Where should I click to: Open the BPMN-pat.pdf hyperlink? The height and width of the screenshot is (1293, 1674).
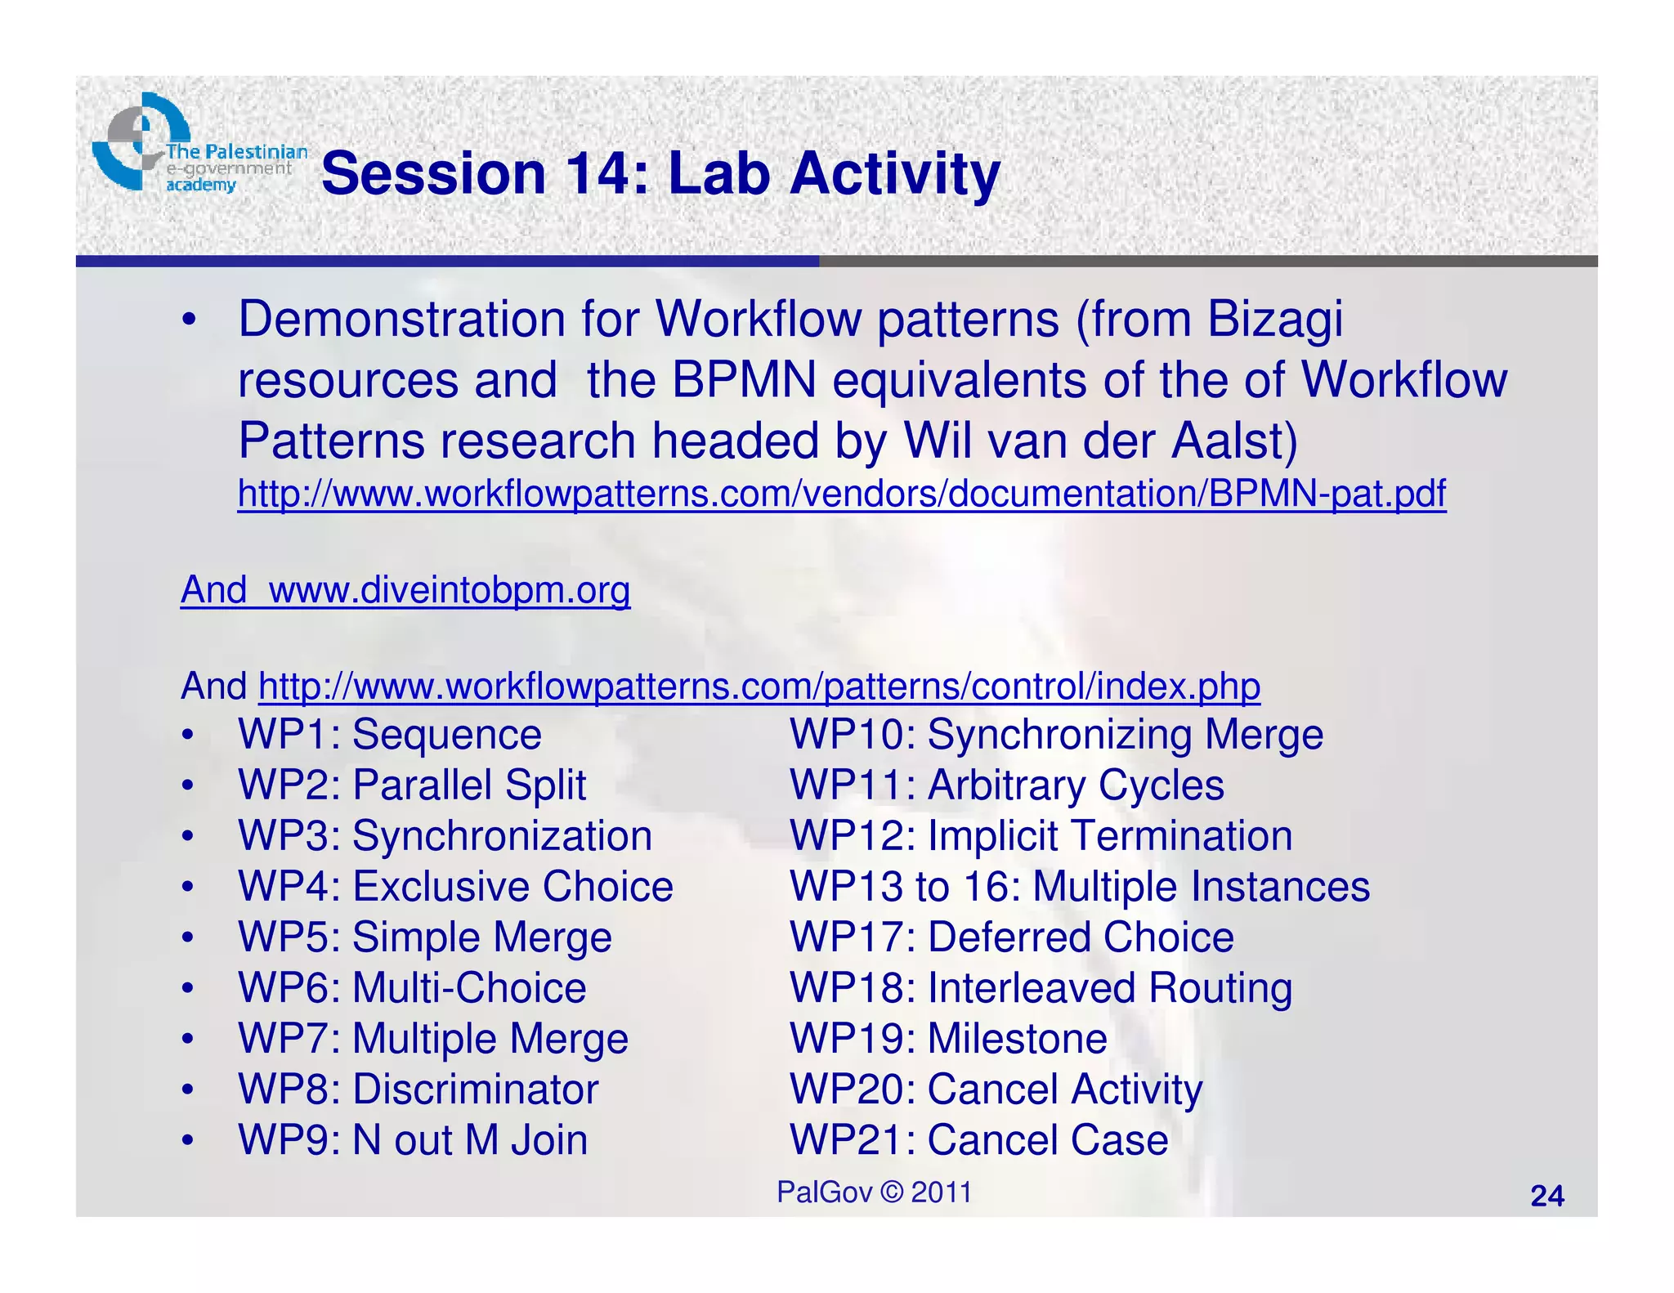pyautogui.click(x=841, y=494)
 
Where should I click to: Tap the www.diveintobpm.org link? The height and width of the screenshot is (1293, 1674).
pyautogui.click(x=449, y=589)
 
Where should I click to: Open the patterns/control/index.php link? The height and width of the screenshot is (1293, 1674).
pyautogui.click(x=759, y=686)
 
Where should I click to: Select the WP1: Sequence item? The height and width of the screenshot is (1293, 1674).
pyautogui.click(x=389, y=734)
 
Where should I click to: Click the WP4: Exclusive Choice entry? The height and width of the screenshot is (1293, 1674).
pyautogui.click(x=455, y=887)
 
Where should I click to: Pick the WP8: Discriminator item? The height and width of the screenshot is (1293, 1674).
pyautogui.click(x=418, y=1089)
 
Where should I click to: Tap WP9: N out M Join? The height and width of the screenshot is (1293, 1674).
pyautogui.click(x=413, y=1140)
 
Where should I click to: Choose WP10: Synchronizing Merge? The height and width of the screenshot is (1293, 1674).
pyautogui.click(x=1055, y=734)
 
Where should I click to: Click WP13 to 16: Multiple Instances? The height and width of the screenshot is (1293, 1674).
pyautogui.click(x=1079, y=887)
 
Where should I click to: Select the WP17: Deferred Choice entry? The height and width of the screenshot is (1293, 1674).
pyautogui.click(x=1011, y=937)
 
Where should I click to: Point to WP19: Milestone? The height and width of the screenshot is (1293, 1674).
pyautogui.click(x=948, y=1039)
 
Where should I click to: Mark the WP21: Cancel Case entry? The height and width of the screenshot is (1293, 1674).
pyautogui.click(x=978, y=1140)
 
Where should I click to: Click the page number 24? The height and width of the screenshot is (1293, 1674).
pyautogui.click(x=1546, y=1196)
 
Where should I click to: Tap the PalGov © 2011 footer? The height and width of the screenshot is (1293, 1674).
pyautogui.click(x=874, y=1192)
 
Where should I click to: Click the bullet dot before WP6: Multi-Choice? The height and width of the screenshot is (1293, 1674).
pyautogui.click(x=188, y=989)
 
